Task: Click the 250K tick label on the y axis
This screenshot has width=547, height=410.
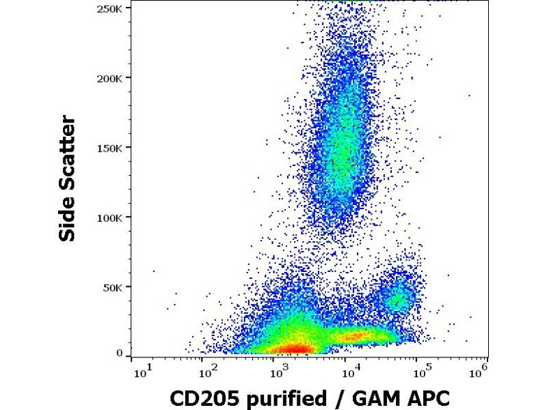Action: click(110, 8)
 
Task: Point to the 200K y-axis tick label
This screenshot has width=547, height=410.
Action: click(110, 78)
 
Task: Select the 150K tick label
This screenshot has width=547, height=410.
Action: click(110, 148)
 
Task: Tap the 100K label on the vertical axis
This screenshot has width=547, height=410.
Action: click(110, 217)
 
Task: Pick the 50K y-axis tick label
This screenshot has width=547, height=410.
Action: click(113, 287)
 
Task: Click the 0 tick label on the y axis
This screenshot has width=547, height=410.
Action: click(120, 353)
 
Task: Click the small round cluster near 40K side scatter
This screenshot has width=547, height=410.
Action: click(399, 299)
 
